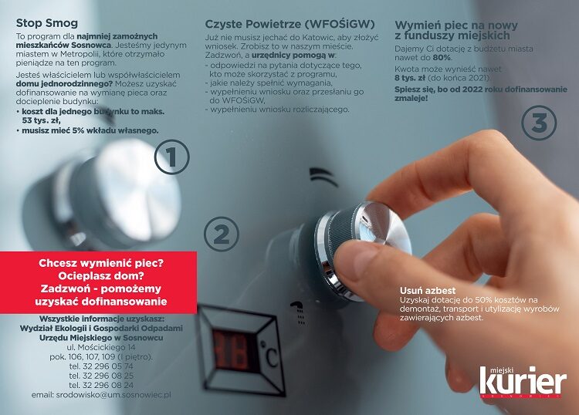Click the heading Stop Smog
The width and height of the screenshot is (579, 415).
pos(47,22)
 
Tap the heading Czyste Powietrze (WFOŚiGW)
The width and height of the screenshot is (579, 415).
pos(281,23)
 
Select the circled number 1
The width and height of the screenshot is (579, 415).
pos(171,157)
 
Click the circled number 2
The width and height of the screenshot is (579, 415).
pos(222,234)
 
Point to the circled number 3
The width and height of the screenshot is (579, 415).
pos(539,123)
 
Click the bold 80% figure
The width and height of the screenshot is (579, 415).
pos(442,78)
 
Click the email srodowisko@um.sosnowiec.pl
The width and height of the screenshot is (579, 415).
pos(101,394)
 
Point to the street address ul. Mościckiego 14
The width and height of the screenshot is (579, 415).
pos(101,348)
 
